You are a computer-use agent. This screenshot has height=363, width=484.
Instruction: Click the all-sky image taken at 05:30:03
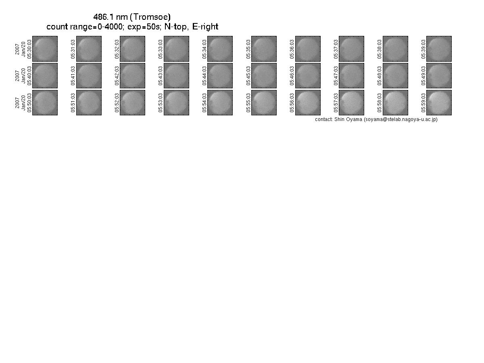pyautogui.click(x=45, y=49)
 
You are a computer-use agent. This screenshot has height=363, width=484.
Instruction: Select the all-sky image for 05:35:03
pyautogui.click(x=264, y=49)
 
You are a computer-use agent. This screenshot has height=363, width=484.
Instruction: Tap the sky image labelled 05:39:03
pyautogui.click(x=439, y=49)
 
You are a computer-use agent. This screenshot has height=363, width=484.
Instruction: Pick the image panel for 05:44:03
pyautogui.click(x=220, y=75)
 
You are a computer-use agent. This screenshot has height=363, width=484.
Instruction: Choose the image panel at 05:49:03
pyautogui.click(x=439, y=75)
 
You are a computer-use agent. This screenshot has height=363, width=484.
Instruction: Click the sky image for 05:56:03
pyautogui.click(x=308, y=102)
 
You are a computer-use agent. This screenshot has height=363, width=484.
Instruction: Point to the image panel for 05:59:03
pyautogui.click(x=439, y=102)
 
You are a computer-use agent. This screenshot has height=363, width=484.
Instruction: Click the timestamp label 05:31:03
pyautogui.click(x=73, y=49)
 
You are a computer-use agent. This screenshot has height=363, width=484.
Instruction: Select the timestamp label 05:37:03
pyautogui.click(x=336, y=49)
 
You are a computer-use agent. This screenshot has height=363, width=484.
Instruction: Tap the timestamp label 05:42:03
pyautogui.click(x=117, y=76)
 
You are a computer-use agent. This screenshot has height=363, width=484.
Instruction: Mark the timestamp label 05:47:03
pyautogui.click(x=336, y=76)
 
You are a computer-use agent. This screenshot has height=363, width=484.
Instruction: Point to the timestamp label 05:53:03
pyautogui.click(x=161, y=103)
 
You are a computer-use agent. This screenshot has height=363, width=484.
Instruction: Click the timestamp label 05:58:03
pyautogui.click(x=380, y=103)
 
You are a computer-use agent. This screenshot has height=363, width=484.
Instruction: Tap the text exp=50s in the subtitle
pyautogui.click(x=144, y=27)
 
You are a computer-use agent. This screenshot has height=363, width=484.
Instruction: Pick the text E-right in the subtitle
pyautogui.click(x=205, y=27)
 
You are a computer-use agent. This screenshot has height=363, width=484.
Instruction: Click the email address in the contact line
pyautogui.click(x=401, y=119)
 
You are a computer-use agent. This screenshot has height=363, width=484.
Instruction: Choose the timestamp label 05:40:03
pyautogui.click(x=29, y=76)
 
